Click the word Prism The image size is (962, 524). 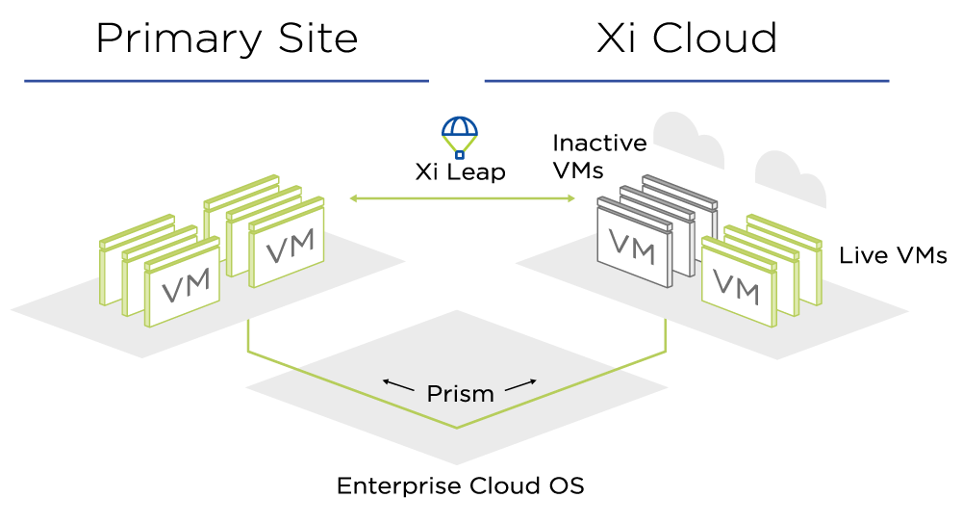point(460,394)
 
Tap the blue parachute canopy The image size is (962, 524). point(460,127)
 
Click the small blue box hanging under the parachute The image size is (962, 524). point(460,154)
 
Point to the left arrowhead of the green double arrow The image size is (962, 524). point(353,198)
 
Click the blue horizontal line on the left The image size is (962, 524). point(226,81)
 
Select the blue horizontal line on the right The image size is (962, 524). point(686,81)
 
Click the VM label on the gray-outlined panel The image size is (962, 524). point(632,248)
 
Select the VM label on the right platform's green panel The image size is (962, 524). point(736,286)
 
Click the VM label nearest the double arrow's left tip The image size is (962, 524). point(290,247)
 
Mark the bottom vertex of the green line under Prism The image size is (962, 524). point(457,428)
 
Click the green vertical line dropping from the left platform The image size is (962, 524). point(248,335)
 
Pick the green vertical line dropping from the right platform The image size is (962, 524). point(665,335)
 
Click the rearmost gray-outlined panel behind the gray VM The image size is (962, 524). point(683,193)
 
